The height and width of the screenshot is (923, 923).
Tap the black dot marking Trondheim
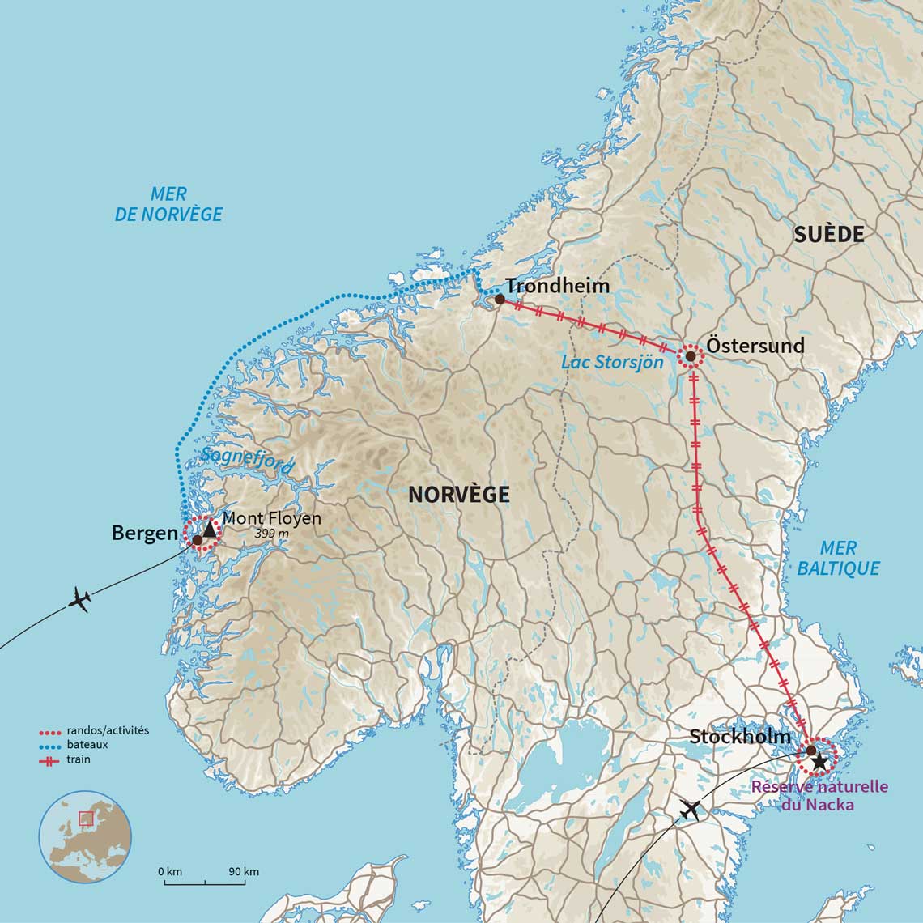tap(500, 300)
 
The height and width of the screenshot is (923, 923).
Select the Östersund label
tap(755, 346)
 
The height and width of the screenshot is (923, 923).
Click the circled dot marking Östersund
tap(690, 356)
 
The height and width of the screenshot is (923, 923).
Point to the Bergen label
tap(144, 533)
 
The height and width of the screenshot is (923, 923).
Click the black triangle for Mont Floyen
tap(211, 530)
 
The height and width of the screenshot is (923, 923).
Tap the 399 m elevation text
tap(272, 534)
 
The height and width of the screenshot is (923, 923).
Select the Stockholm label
tap(740, 736)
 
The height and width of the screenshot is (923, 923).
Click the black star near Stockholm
tap(819, 761)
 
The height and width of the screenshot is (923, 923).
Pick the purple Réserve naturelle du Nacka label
tap(819, 795)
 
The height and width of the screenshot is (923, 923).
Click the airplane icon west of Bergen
tap(79, 601)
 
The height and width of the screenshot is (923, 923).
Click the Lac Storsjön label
tap(612, 363)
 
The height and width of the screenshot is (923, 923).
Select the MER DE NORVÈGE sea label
tap(168, 204)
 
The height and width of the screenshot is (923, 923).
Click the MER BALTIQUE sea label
tap(838, 558)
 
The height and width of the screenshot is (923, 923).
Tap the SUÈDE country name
tap(828, 235)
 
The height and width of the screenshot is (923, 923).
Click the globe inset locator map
tap(85, 836)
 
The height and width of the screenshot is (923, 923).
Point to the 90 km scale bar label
tap(243, 871)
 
